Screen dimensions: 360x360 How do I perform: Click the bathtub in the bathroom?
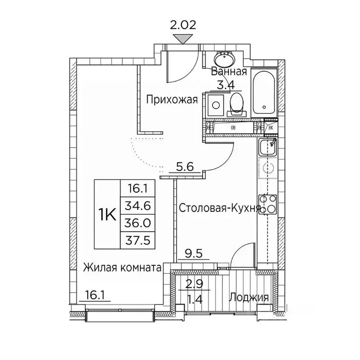264,94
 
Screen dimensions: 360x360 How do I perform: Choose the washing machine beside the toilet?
216,104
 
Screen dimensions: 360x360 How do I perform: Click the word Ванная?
229,72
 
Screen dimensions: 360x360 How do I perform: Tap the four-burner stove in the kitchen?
268,205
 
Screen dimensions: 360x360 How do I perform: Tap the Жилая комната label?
122,268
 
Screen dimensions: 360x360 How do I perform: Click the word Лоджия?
248,297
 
